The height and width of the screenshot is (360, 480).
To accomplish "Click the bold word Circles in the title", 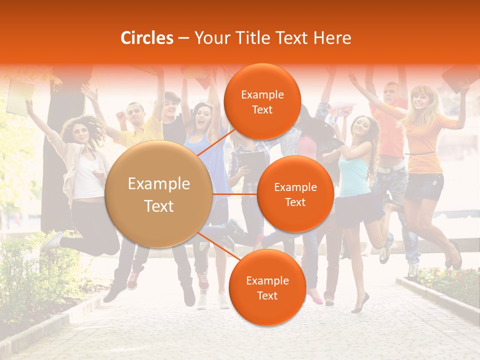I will (x=147, y=38).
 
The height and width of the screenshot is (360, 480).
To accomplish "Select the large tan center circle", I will (x=159, y=194).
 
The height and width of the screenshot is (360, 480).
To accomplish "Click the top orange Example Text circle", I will (x=262, y=102).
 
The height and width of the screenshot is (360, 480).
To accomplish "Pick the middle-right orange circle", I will (x=295, y=194).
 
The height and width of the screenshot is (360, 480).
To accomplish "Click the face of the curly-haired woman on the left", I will (x=81, y=131).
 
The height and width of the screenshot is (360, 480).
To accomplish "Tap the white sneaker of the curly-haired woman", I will (x=51, y=242).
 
